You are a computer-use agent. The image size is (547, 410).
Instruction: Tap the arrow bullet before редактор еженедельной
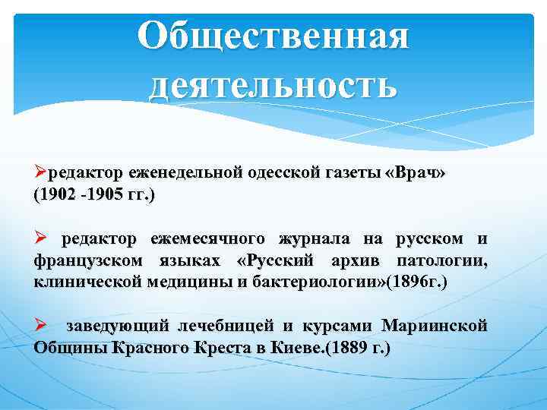tap(41, 173)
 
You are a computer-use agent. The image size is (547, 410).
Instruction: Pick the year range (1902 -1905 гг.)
tap(93, 195)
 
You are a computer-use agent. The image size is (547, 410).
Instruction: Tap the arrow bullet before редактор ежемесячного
tap(41, 239)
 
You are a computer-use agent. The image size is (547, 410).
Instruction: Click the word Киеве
tap(300, 348)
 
